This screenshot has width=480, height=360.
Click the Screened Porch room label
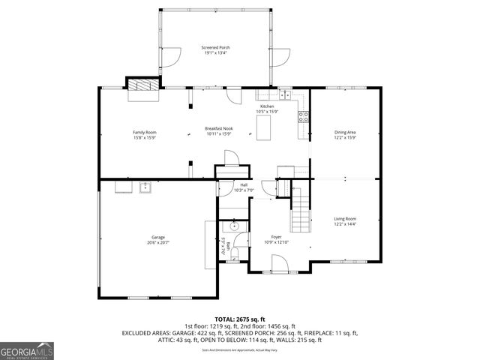215,47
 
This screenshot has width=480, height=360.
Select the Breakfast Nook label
218,129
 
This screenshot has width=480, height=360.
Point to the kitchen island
263,130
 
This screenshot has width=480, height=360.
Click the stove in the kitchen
304,116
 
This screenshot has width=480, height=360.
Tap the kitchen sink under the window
285,95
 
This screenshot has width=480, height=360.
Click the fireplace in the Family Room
143,89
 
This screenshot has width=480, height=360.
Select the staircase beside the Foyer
300,209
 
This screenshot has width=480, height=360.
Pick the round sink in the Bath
235,225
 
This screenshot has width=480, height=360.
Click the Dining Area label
345,133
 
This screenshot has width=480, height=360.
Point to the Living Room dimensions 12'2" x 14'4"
345,223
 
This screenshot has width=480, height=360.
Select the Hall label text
244,185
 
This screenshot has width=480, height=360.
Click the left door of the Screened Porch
172,56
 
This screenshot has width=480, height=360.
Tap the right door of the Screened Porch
282,56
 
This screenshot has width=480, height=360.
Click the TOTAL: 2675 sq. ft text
240,319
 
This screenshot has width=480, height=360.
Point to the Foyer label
276,236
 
